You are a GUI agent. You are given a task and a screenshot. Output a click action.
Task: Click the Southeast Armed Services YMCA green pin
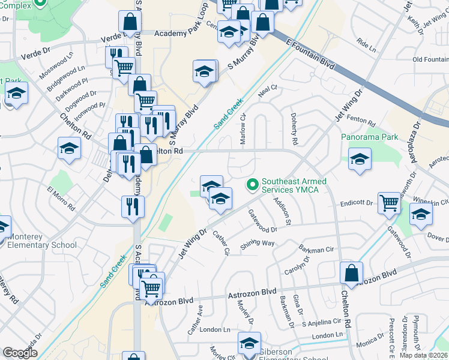tap(253, 184)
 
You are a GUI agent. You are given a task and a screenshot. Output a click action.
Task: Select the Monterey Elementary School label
tap(42, 241)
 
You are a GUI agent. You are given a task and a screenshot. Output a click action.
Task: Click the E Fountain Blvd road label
tap(310, 53)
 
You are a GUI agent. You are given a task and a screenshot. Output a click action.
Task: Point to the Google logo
tap(20, 353)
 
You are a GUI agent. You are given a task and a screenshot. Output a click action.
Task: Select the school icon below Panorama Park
tap(360, 159)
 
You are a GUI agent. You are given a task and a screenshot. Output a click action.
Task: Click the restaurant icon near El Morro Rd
tap(133, 206)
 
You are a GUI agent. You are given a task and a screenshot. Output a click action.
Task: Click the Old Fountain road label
tap(430, 59)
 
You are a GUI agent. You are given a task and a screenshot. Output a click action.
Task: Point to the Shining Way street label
tap(258, 244)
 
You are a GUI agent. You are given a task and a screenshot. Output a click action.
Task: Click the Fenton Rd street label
tap(361, 121)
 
